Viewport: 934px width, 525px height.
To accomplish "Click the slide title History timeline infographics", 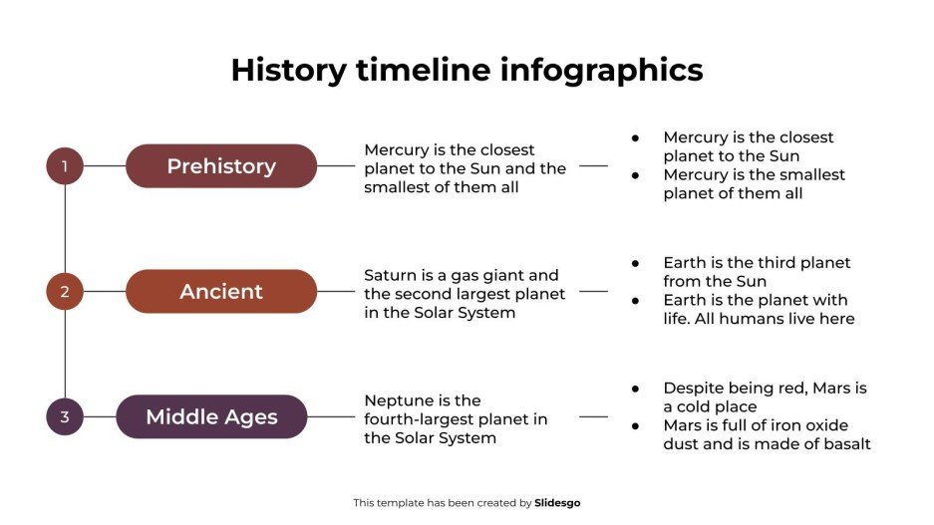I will point(467,70).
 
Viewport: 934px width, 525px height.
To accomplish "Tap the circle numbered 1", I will point(65,166).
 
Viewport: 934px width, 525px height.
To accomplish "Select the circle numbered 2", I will point(65,292).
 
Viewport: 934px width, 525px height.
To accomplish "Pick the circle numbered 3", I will point(65,417).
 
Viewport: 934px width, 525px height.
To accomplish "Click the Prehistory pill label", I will point(221,166).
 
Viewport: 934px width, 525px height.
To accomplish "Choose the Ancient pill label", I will point(221,292).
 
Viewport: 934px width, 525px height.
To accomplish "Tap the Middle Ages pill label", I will point(211,417).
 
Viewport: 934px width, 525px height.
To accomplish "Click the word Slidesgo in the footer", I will point(557,503).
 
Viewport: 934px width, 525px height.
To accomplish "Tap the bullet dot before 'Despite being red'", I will point(636,388).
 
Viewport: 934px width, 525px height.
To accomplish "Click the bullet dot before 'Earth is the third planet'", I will point(636,263).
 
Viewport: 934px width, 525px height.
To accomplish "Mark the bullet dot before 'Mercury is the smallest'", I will point(636,174).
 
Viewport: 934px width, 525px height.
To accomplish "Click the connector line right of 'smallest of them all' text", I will point(593,166).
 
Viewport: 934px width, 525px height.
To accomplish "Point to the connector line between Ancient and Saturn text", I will point(336,292).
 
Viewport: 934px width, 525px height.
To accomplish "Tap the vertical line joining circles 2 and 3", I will point(65,354).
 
